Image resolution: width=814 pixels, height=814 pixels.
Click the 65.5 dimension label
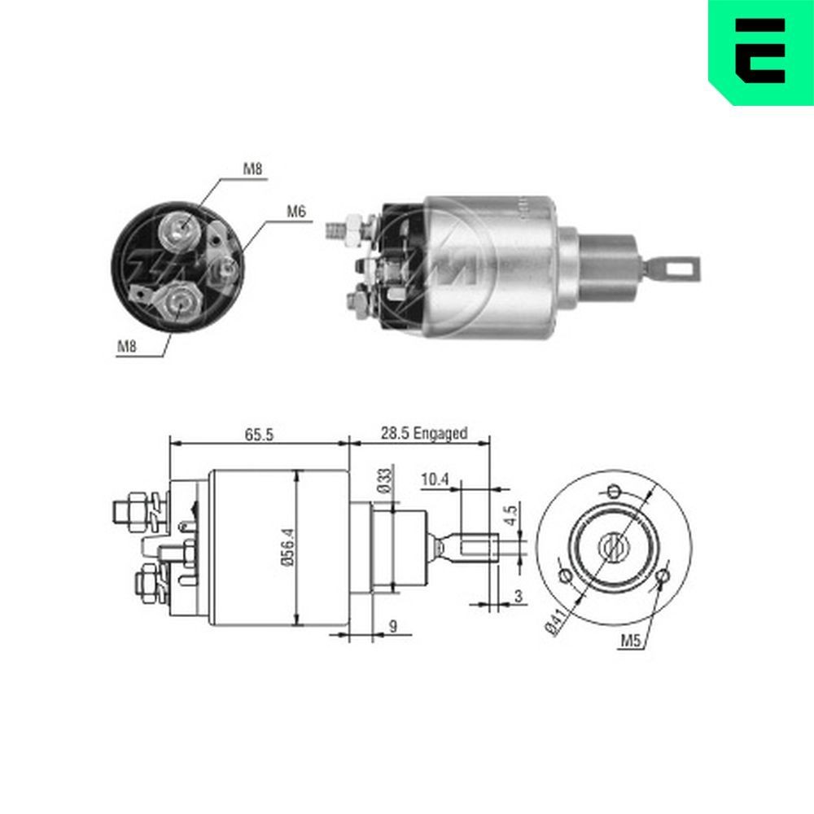pos(259,435)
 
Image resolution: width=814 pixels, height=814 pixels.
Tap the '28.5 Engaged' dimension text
pos(424,433)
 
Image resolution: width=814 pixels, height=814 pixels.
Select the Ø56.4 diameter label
pos(289,547)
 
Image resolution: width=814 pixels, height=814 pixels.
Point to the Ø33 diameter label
pos(385,480)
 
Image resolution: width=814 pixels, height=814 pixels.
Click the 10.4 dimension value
pos(435,479)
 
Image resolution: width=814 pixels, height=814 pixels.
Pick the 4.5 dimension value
pos(511,514)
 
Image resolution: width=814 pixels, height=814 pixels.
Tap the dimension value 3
pos(518,597)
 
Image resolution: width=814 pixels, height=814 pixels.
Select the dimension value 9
pos(393,626)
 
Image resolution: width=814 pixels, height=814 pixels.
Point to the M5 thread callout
pos(632,641)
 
